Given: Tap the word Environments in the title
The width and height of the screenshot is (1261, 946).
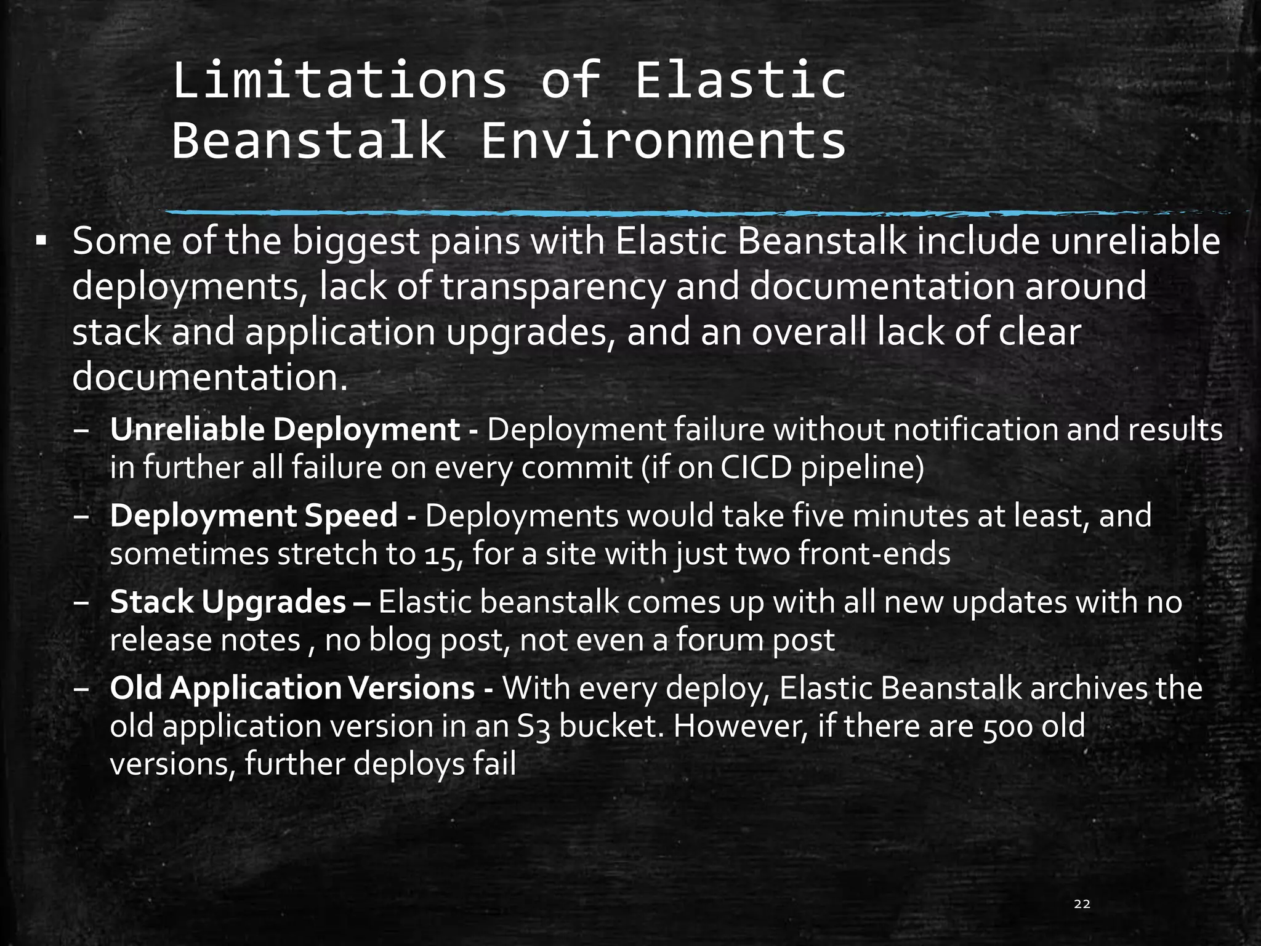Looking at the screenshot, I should point(663,141).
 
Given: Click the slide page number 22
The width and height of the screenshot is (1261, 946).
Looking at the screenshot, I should point(1082,904).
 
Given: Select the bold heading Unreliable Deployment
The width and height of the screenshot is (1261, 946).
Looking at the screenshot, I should point(284,430).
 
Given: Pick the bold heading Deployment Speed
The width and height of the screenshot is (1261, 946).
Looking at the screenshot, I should point(254,515).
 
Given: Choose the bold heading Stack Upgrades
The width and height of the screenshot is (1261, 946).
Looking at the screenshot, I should point(228,602).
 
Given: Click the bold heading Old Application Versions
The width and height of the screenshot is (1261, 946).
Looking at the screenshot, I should point(292,688).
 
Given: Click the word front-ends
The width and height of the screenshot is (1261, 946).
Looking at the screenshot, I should point(874,554).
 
